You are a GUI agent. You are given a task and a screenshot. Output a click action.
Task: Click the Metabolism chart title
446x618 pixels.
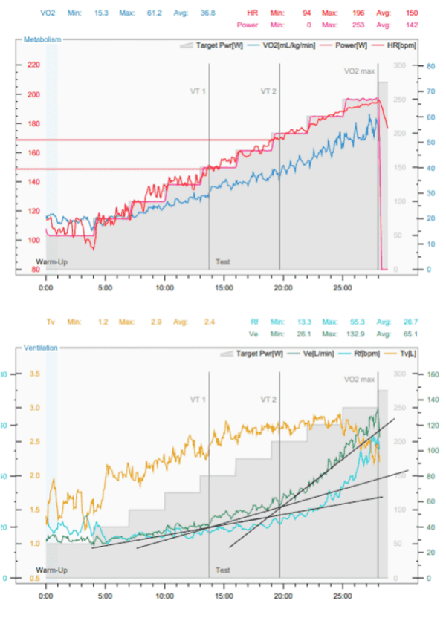tap(42, 39)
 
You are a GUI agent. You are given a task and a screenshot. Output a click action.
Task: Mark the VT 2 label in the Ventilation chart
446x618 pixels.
tap(269, 398)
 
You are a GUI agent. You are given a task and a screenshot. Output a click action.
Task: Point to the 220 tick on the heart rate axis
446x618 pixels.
tap(33, 65)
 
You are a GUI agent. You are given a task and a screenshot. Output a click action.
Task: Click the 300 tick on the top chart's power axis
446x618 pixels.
tap(400, 65)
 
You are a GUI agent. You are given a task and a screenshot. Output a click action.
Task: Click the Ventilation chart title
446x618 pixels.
tap(42, 347)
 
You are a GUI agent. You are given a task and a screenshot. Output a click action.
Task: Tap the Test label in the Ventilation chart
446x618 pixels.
tap(222, 570)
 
